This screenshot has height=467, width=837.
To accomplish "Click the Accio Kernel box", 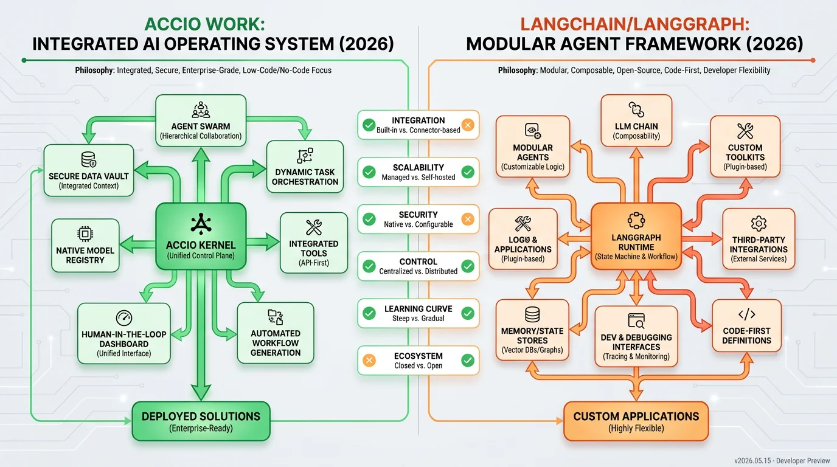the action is pos(201,236).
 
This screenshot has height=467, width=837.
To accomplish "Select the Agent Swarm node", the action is pos(201,120).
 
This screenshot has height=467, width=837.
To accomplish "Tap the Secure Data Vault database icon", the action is pos(89,159).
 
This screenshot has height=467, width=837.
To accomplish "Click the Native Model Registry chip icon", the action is pos(85,234).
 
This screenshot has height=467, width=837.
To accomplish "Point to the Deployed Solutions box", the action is pos(201,421).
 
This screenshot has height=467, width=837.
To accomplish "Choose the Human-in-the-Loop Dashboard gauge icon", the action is pos(124,318).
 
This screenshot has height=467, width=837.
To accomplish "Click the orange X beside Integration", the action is pos(467,125).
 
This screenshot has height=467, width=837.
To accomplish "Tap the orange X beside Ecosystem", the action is pos(369,361).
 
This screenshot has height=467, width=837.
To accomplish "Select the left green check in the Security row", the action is pos(369,220).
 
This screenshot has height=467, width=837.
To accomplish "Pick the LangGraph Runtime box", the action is pos(636,236).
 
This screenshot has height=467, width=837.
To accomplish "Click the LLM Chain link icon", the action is pos(636,109).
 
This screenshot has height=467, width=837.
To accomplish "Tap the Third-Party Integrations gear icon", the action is pos(759,223).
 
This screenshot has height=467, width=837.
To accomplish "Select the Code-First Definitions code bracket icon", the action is pos(746,314).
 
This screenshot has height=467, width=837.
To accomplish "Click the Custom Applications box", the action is pos(636,421).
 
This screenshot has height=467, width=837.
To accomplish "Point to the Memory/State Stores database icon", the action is pos(532,314).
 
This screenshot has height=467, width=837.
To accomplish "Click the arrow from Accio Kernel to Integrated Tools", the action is pos(263,242).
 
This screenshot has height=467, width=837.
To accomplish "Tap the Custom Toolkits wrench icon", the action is pos(745,131).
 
